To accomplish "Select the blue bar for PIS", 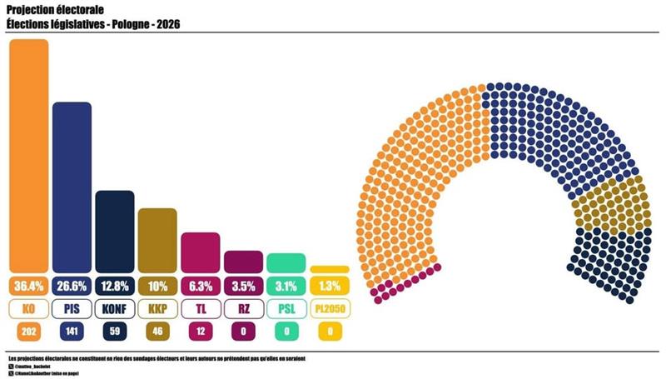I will pyautogui.click(x=72, y=187).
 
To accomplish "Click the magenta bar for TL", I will pyautogui.click(x=201, y=252).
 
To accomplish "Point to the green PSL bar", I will pyautogui.click(x=286, y=262).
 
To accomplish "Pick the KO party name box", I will pyautogui.click(x=28, y=309).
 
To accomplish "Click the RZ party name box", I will pyautogui.click(x=244, y=309).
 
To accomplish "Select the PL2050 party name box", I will pyautogui.click(x=330, y=309).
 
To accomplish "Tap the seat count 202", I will pyautogui.click(x=28, y=332).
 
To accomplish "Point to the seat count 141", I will pyautogui.click(x=72, y=332).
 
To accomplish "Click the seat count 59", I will pyautogui.click(x=115, y=332).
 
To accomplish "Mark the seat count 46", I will pyautogui.click(x=157, y=332).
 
